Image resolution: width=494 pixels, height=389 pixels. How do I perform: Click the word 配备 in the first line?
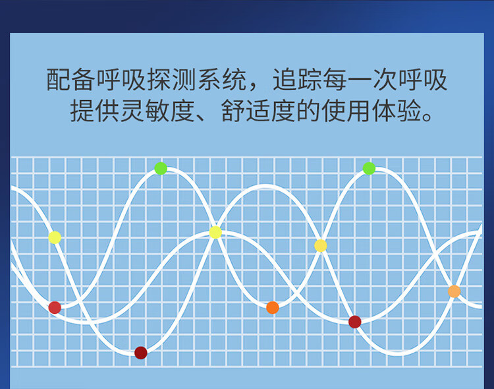click(x=70, y=80)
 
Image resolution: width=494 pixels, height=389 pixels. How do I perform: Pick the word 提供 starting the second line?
click(x=94, y=111)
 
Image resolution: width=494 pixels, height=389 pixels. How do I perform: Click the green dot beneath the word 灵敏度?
click(x=161, y=168)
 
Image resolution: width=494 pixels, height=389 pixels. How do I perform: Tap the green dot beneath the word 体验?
click(x=369, y=168)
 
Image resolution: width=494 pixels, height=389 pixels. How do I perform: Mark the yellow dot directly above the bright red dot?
click(x=55, y=237)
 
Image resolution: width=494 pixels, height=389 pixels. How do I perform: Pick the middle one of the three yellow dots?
click(x=215, y=232)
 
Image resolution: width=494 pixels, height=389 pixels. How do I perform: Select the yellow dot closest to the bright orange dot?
click(x=321, y=245)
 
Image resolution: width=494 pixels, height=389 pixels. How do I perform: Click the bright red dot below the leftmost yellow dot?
click(x=55, y=307)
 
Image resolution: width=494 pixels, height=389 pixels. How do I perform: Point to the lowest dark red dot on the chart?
click(x=140, y=353)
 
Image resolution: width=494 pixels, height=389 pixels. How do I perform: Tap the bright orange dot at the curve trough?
click(x=273, y=307)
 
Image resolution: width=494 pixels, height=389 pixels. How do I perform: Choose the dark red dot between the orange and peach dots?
click(x=355, y=322)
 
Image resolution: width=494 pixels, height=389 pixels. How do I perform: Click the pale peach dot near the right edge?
click(x=454, y=291)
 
